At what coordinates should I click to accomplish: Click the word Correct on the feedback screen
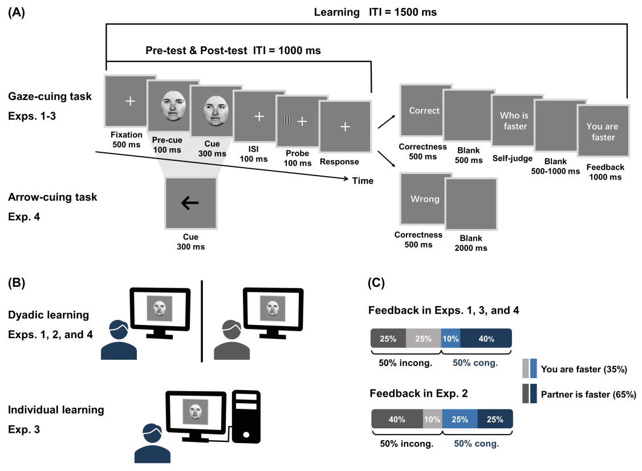(x=424, y=111)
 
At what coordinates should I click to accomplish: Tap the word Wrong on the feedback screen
(x=425, y=199)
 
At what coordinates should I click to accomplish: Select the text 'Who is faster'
(x=515, y=121)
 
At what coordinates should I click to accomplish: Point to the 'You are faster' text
(x=603, y=132)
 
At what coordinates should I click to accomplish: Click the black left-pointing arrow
(x=190, y=203)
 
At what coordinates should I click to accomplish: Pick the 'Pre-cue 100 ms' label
(x=167, y=145)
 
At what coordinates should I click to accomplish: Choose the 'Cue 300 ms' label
(x=212, y=149)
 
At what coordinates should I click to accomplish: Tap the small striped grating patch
(x=287, y=121)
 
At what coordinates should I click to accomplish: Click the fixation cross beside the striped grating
(x=302, y=121)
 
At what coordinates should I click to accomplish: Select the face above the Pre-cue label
(x=173, y=107)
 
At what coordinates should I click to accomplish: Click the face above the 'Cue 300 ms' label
(x=216, y=111)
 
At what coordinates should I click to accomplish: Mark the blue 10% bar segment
(x=450, y=339)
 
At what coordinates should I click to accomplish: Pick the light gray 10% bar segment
(x=432, y=419)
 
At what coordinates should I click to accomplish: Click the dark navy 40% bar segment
(x=486, y=339)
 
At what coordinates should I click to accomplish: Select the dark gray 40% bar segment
(x=397, y=419)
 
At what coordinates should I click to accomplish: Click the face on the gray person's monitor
(x=273, y=308)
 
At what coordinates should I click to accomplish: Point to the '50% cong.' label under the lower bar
(x=476, y=443)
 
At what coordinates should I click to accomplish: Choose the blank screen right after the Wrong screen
(x=471, y=204)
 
